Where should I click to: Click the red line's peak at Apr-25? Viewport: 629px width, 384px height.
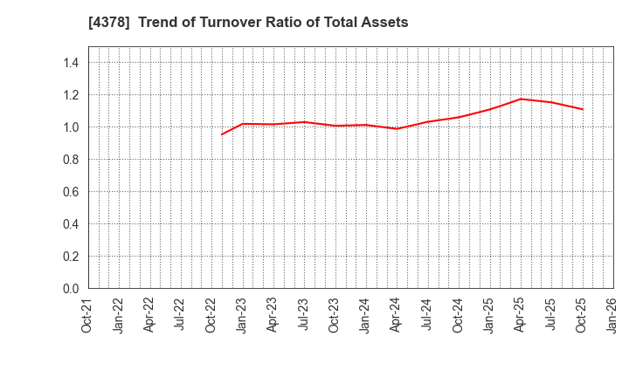pos(520,99)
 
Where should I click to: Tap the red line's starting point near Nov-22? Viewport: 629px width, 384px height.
pos(222,134)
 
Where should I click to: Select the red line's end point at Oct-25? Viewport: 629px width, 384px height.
pos(582,109)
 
